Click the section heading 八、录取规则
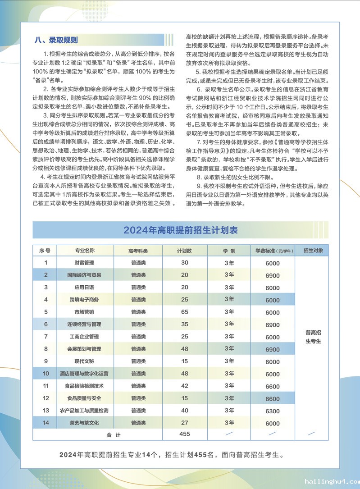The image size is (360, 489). [x=56, y=40]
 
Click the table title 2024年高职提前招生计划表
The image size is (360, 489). [x=180, y=230]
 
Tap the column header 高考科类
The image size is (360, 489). [x=138, y=251]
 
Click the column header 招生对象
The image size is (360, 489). [x=313, y=251]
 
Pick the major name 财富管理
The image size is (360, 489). [x=84, y=263]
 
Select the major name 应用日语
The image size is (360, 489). [x=84, y=287]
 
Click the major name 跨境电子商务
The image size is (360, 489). [x=84, y=300]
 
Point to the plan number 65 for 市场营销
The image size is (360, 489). [x=184, y=312]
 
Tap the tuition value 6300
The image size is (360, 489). [x=273, y=411]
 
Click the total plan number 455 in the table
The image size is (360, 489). [x=184, y=434]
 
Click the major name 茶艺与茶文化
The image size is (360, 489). [x=84, y=423]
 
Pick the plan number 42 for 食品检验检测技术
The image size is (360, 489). [x=184, y=386]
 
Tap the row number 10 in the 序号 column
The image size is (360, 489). [x=46, y=374]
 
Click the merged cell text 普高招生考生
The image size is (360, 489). [x=313, y=337]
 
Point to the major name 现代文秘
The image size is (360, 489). [x=84, y=361]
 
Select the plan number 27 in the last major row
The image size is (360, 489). [x=184, y=423]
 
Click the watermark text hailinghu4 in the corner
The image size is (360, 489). [x=331, y=481]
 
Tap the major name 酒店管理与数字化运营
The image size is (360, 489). [x=84, y=374]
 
